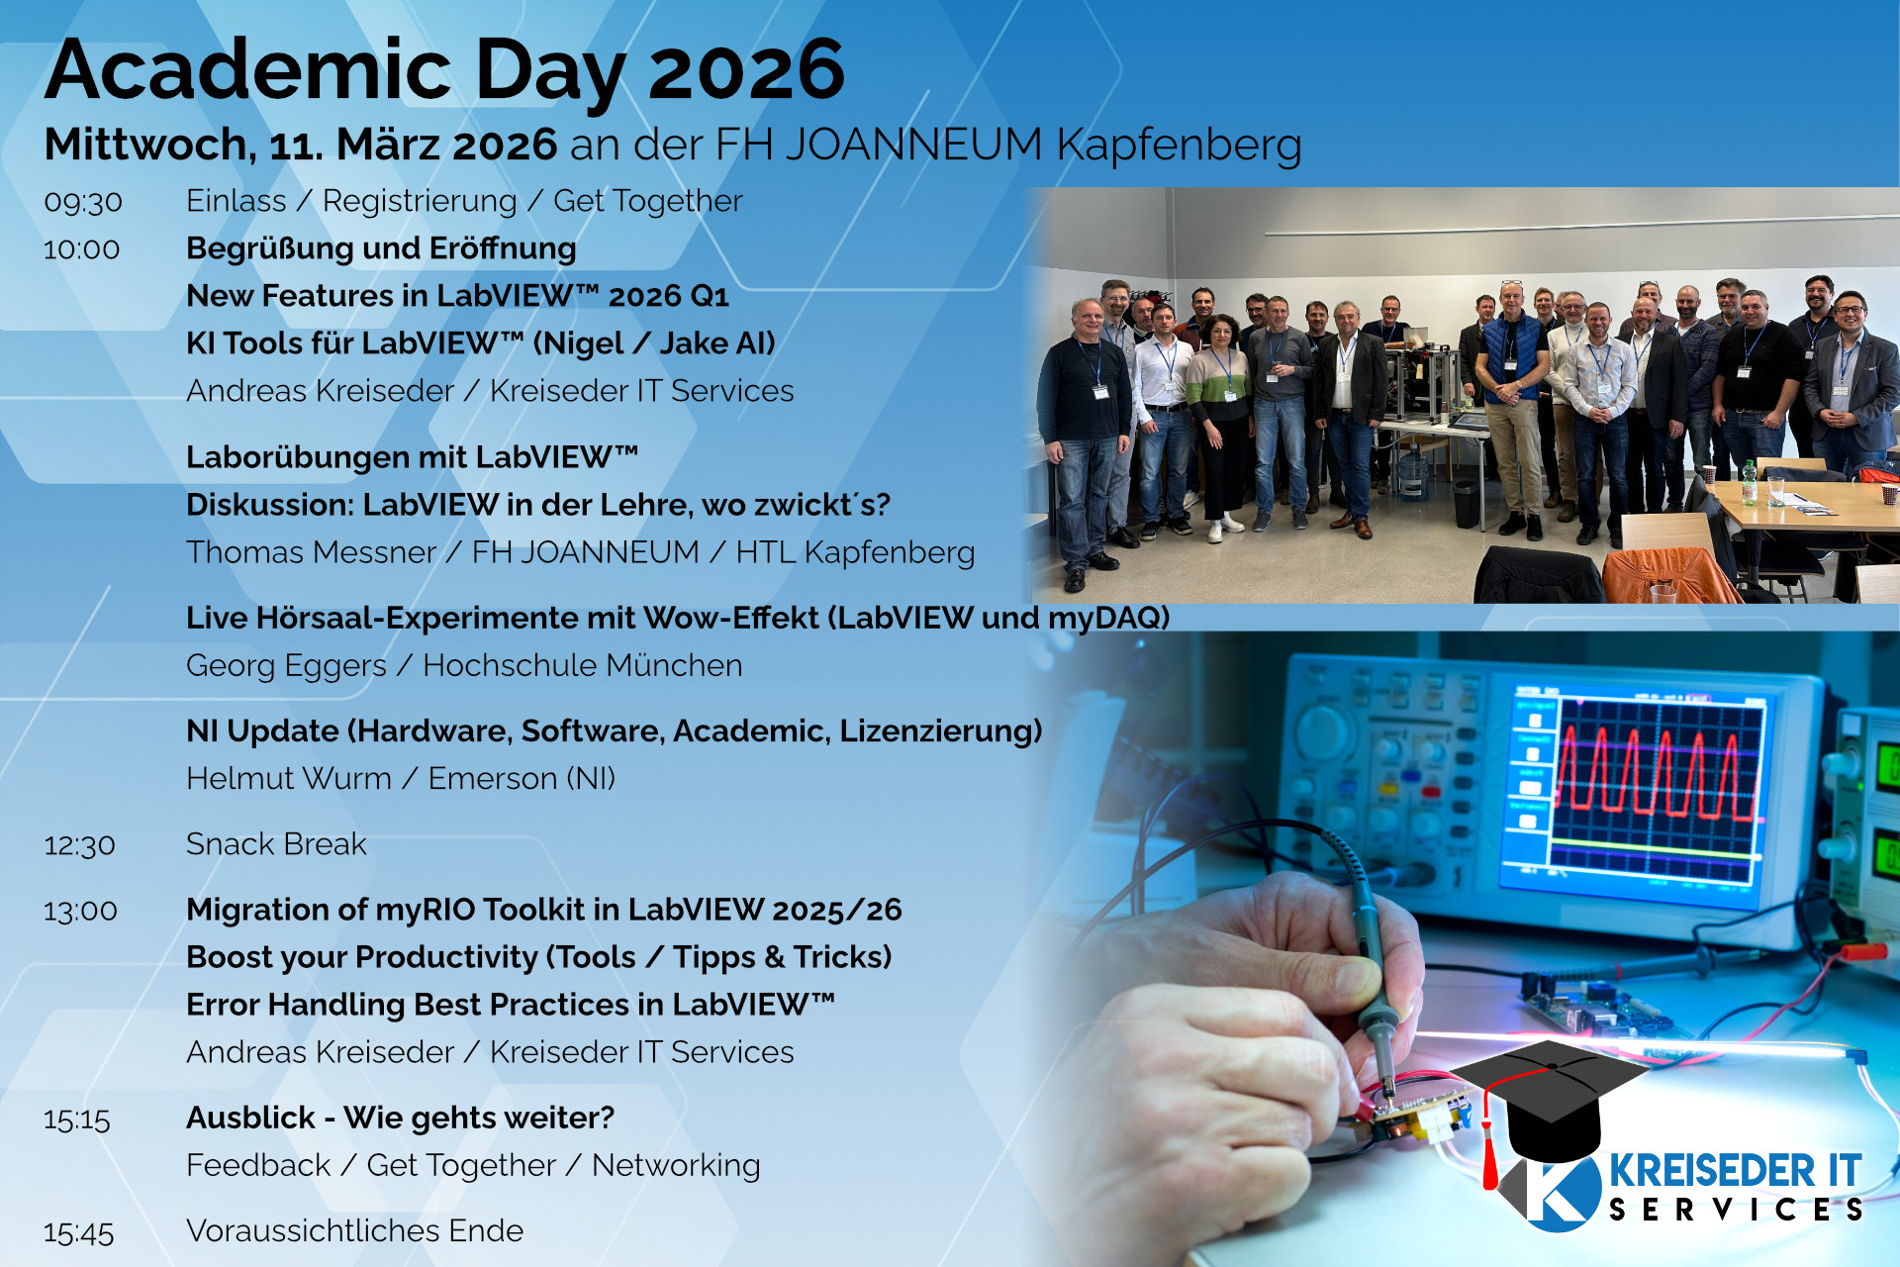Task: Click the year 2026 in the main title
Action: tap(746, 71)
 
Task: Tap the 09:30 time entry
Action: tap(83, 202)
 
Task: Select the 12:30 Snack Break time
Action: tap(79, 845)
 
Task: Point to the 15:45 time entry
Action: tap(78, 1232)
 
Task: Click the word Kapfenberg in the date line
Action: tap(1179, 146)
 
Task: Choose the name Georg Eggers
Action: tap(286, 665)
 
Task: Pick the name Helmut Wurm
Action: tap(289, 778)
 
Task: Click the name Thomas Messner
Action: tap(311, 552)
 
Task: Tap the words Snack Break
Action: tap(276, 844)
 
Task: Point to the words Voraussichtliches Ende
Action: tap(354, 1230)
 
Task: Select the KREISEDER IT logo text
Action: tap(1735, 1171)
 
